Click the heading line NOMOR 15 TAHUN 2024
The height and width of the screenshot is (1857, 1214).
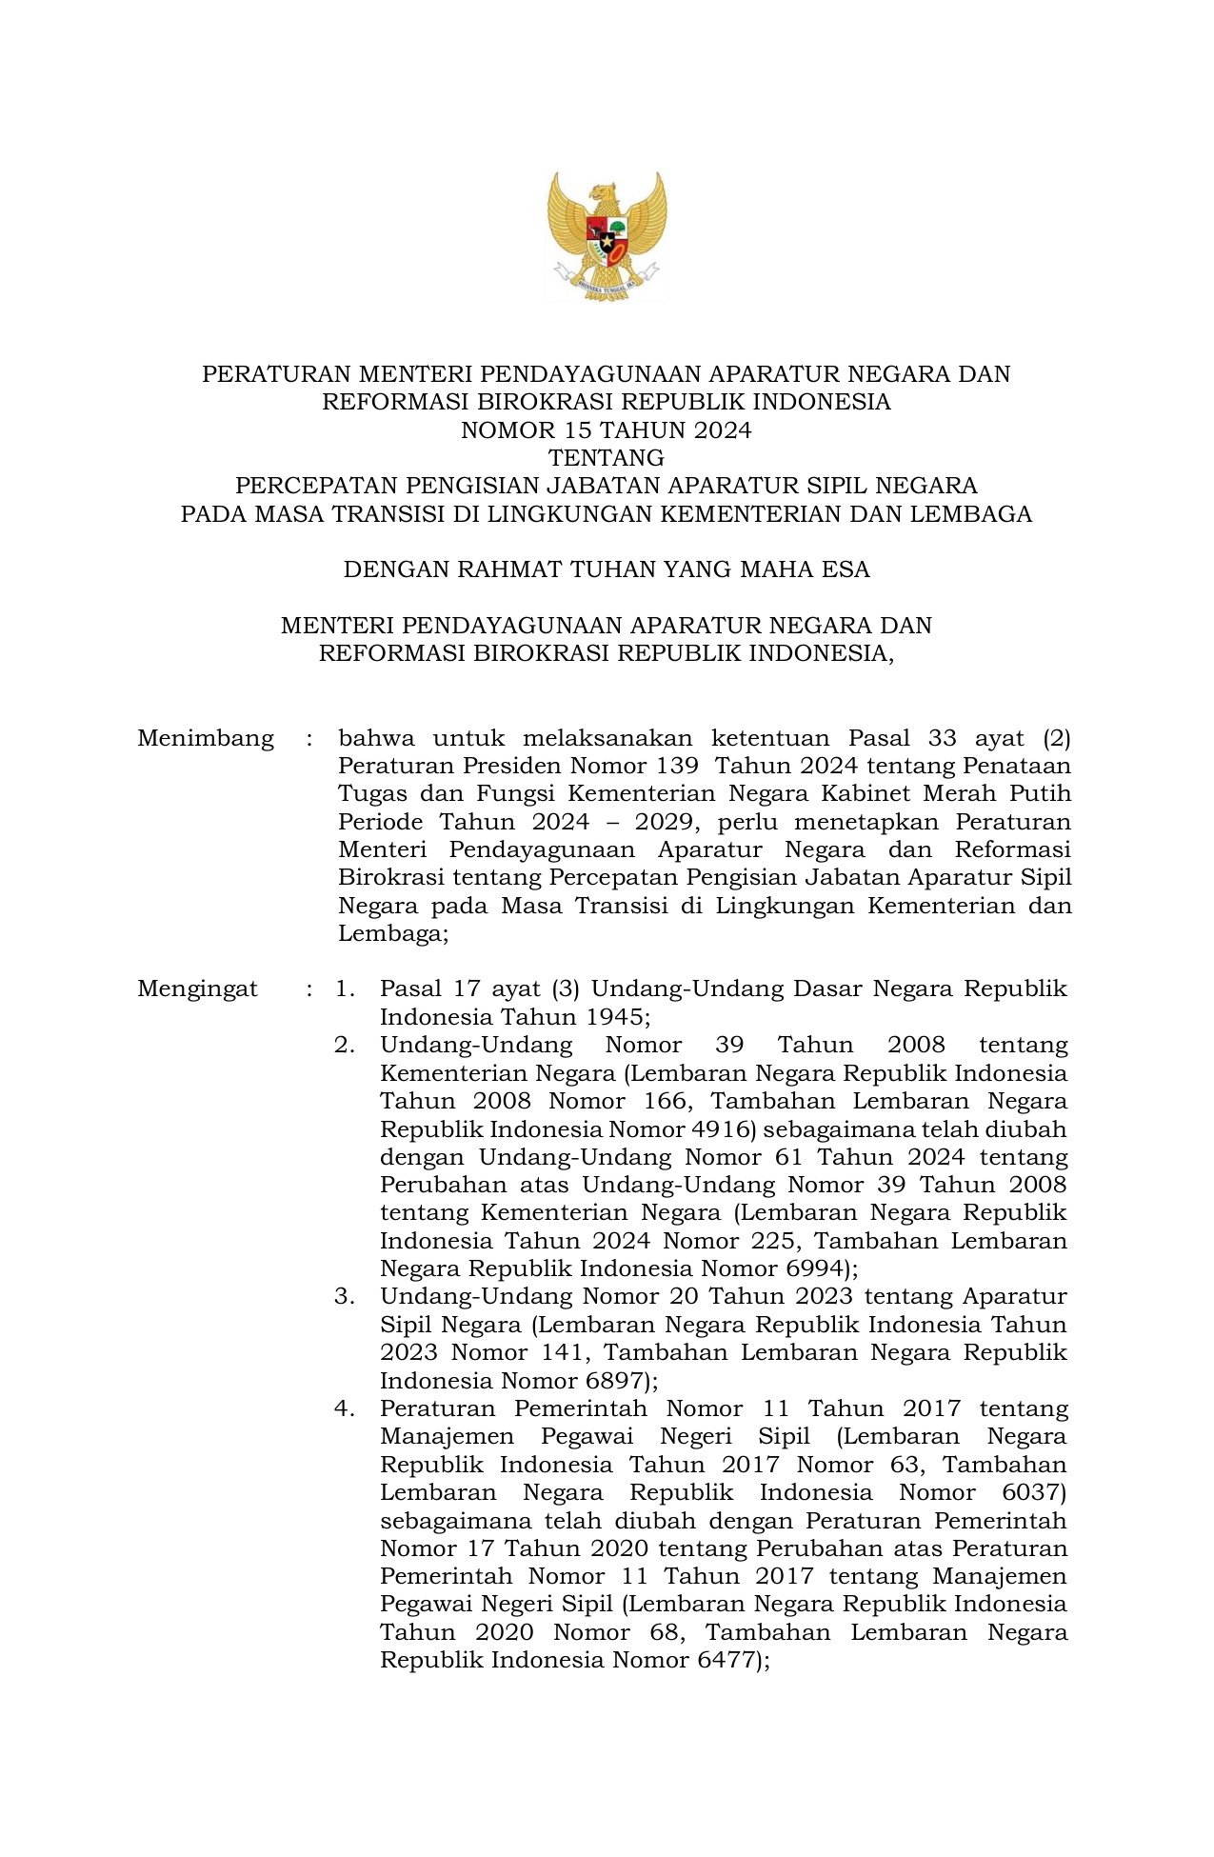click(x=607, y=430)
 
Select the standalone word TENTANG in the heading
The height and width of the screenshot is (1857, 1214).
click(x=607, y=458)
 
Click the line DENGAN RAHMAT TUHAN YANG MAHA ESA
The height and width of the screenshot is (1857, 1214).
click(x=607, y=570)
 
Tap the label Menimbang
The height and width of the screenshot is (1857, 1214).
click(x=206, y=738)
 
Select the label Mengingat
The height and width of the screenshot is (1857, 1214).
click(x=197, y=988)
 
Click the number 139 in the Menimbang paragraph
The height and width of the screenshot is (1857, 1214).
click(x=678, y=766)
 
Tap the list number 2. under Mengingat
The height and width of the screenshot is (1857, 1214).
click(x=345, y=1045)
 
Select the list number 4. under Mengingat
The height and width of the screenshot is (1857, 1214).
click(x=345, y=1408)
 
